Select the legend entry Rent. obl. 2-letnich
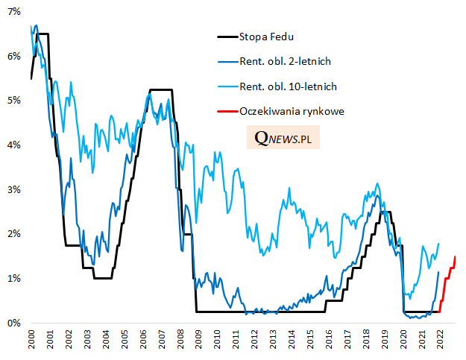click(x=284, y=61)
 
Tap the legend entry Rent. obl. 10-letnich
click(x=287, y=86)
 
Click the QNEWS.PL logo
click(x=283, y=139)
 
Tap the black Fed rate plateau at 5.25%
click(x=161, y=89)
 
